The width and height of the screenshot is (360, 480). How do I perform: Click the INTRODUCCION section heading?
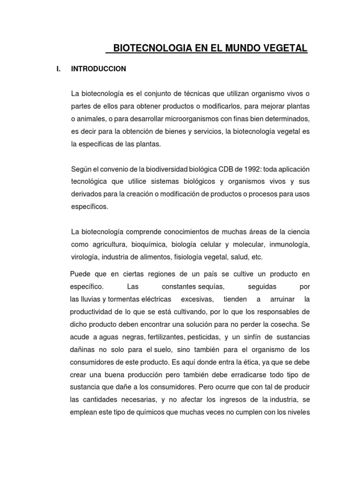pyautogui.click(x=98, y=69)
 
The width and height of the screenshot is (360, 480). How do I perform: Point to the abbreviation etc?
pyautogui.click(x=257, y=257)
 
